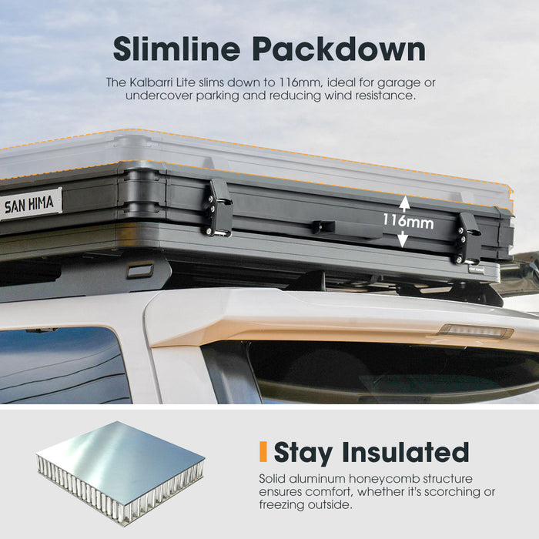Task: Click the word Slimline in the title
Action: pyautogui.click(x=176, y=49)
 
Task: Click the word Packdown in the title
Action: pyautogui.click(x=339, y=49)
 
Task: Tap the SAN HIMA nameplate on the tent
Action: pyautogui.click(x=30, y=203)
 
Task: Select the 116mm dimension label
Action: pyautogui.click(x=408, y=221)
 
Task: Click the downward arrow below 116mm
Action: pyautogui.click(x=403, y=239)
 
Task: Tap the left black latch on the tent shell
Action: pyautogui.click(x=219, y=208)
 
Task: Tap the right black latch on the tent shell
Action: pyautogui.click(x=467, y=238)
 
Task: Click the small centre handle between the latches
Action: pyautogui.click(x=323, y=226)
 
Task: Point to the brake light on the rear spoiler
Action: pyautogui.click(x=475, y=331)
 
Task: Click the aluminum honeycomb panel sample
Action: pyautogui.click(x=120, y=474)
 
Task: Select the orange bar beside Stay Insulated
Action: pyautogui.click(x=263, y=451)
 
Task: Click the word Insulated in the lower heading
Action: pyautogui.click(x=405, y=453)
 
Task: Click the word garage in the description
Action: pyautogui.click(x=399, y=83)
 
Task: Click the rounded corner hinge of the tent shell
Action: pyautogui.click(x=142, y=191)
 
